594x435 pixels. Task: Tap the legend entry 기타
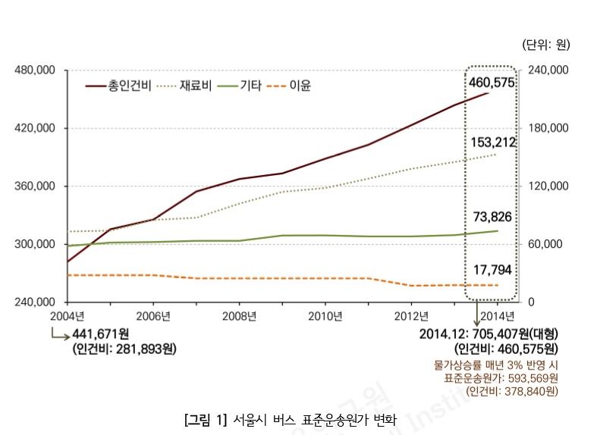click(x=251, y=86)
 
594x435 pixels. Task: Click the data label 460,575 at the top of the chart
click(x=492, y=82)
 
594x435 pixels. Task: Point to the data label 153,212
click(x=493, y=142)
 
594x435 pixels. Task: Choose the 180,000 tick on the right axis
click(x=548, y=128)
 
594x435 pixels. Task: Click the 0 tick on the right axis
click(x=532, y=302)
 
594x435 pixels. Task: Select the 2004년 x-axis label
click(x=68, y=316)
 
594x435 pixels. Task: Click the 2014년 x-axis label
click(x=498, y=316)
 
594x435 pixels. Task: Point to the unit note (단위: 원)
click(x=545, y=45)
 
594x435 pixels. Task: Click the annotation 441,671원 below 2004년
click(x=100, y=334)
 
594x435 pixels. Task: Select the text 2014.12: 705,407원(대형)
click(x=488, y=334)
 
